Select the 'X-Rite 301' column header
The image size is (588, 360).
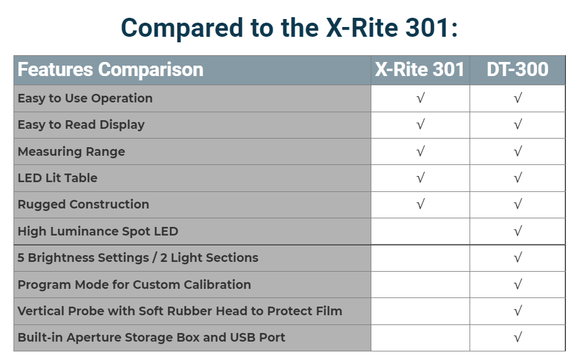pyautogui.click(x=420, y=70)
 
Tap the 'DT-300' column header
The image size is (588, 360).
pyautogui.click(x=517, y=70)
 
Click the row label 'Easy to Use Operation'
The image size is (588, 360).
pyautogui.click(x=85, y=99)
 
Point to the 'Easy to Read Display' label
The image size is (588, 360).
pyautogui.click(x=81, y=124)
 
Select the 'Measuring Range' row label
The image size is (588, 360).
pyautogui.click(x=71, y=151)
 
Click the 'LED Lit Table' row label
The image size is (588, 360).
pyautogui.click(x=57, y=178)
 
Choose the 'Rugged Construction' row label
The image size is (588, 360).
pyautogui.click(x=83, y=205)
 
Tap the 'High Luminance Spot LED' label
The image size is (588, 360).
pyautogui.click(x=98, y=231)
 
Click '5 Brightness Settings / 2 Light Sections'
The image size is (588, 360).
pyautogui.click(x=138, y=258)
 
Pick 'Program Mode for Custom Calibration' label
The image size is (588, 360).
pyautogui.click(x=134, y=285)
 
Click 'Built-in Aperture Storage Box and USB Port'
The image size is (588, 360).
pyautogui.click(x=152, y=337)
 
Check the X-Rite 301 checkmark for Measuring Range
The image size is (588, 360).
pyautogui.click(x=420, y=151)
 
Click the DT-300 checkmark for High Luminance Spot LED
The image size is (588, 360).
pyautogui.click(x=518, y=231)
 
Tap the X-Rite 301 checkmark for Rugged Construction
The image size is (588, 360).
pyautogui.click(x=420, y=205)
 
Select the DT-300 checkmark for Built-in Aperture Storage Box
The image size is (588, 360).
pyautogui.click(x=518, y=337)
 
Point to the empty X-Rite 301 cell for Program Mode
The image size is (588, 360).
pyautogui.click(x=420, y=285)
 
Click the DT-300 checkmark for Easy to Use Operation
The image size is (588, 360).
pyautogui.click(x=518, y=99)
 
